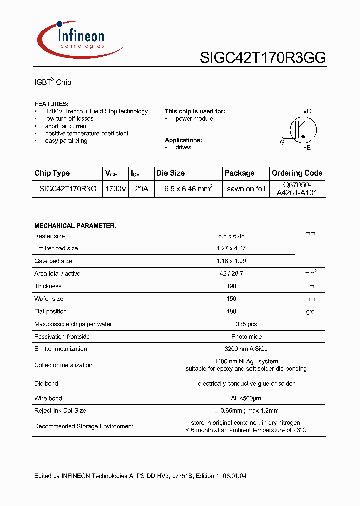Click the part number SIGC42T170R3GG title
coord(263,58)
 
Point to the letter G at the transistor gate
coord(282,142)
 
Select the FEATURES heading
coord(51,104)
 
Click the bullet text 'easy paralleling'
coord(66,141)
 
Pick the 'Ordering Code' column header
coord(297,173)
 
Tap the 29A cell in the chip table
coord(141,189)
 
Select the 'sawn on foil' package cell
coord(246,189)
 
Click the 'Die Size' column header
coord(170,173)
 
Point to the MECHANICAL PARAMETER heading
coord(75,226)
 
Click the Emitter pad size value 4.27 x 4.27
coord(231,248)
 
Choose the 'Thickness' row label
coord(48,286)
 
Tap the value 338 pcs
coord(231,324)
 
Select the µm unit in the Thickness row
coord(310,286)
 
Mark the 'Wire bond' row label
coord(48,398)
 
